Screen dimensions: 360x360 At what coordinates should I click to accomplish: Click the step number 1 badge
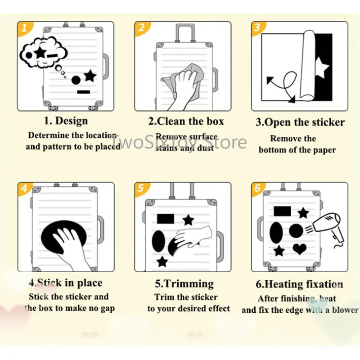click(x=25, y=28)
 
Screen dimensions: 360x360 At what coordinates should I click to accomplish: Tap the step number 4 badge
click(x=25, y=188)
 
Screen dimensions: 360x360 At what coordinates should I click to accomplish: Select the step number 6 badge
click(x=257, y=188)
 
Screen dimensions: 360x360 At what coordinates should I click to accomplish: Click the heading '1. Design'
click(x=66, y=121)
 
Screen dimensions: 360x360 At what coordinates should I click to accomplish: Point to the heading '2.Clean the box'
click(x=186, y=121)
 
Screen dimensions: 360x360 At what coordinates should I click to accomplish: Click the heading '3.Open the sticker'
click(x=300, y=122)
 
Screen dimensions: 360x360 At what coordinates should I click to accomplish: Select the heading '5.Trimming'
click(x=184, y=283)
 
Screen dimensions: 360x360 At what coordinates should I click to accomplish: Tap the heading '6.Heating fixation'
click(x=299, y=284)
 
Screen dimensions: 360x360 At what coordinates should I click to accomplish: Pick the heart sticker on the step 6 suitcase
click(x=300, y=248)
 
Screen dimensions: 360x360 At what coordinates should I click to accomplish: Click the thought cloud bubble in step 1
click(x=43, y=53)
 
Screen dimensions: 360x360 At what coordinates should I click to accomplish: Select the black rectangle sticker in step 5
click(x=165, y=219)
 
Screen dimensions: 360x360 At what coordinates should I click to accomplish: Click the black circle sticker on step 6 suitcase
click(x=296, y=231)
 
